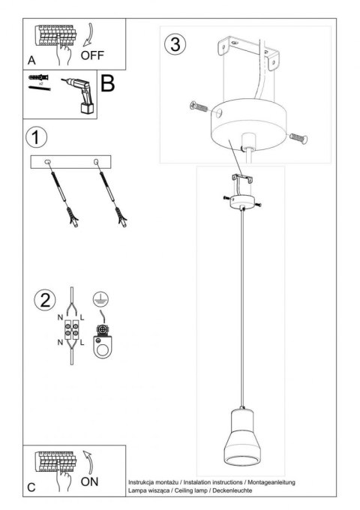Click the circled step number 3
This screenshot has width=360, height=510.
click(x=174, y=44)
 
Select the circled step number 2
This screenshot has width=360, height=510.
click(x=43, y=301)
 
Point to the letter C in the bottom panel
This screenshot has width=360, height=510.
click(x=31, y=487)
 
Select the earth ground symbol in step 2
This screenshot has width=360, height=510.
click(x=97, y=298)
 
